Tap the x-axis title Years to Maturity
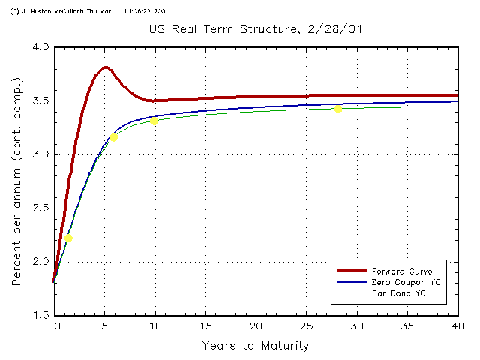coord(255,346)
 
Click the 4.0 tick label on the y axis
coord(40,47)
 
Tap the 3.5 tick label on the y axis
coord(40,101)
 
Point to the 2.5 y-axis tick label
coord(40,208)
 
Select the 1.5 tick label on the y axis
coord(40,316)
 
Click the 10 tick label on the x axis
coord(156,326)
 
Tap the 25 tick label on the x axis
coord(306,326)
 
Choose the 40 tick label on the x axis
coord(456,326)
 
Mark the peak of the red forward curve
coord(106,67)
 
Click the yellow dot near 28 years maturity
coord(338,109)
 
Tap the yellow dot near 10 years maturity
coord(154,121)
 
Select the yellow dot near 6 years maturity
coord(113,137)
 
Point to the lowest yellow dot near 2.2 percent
coord(68,238)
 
